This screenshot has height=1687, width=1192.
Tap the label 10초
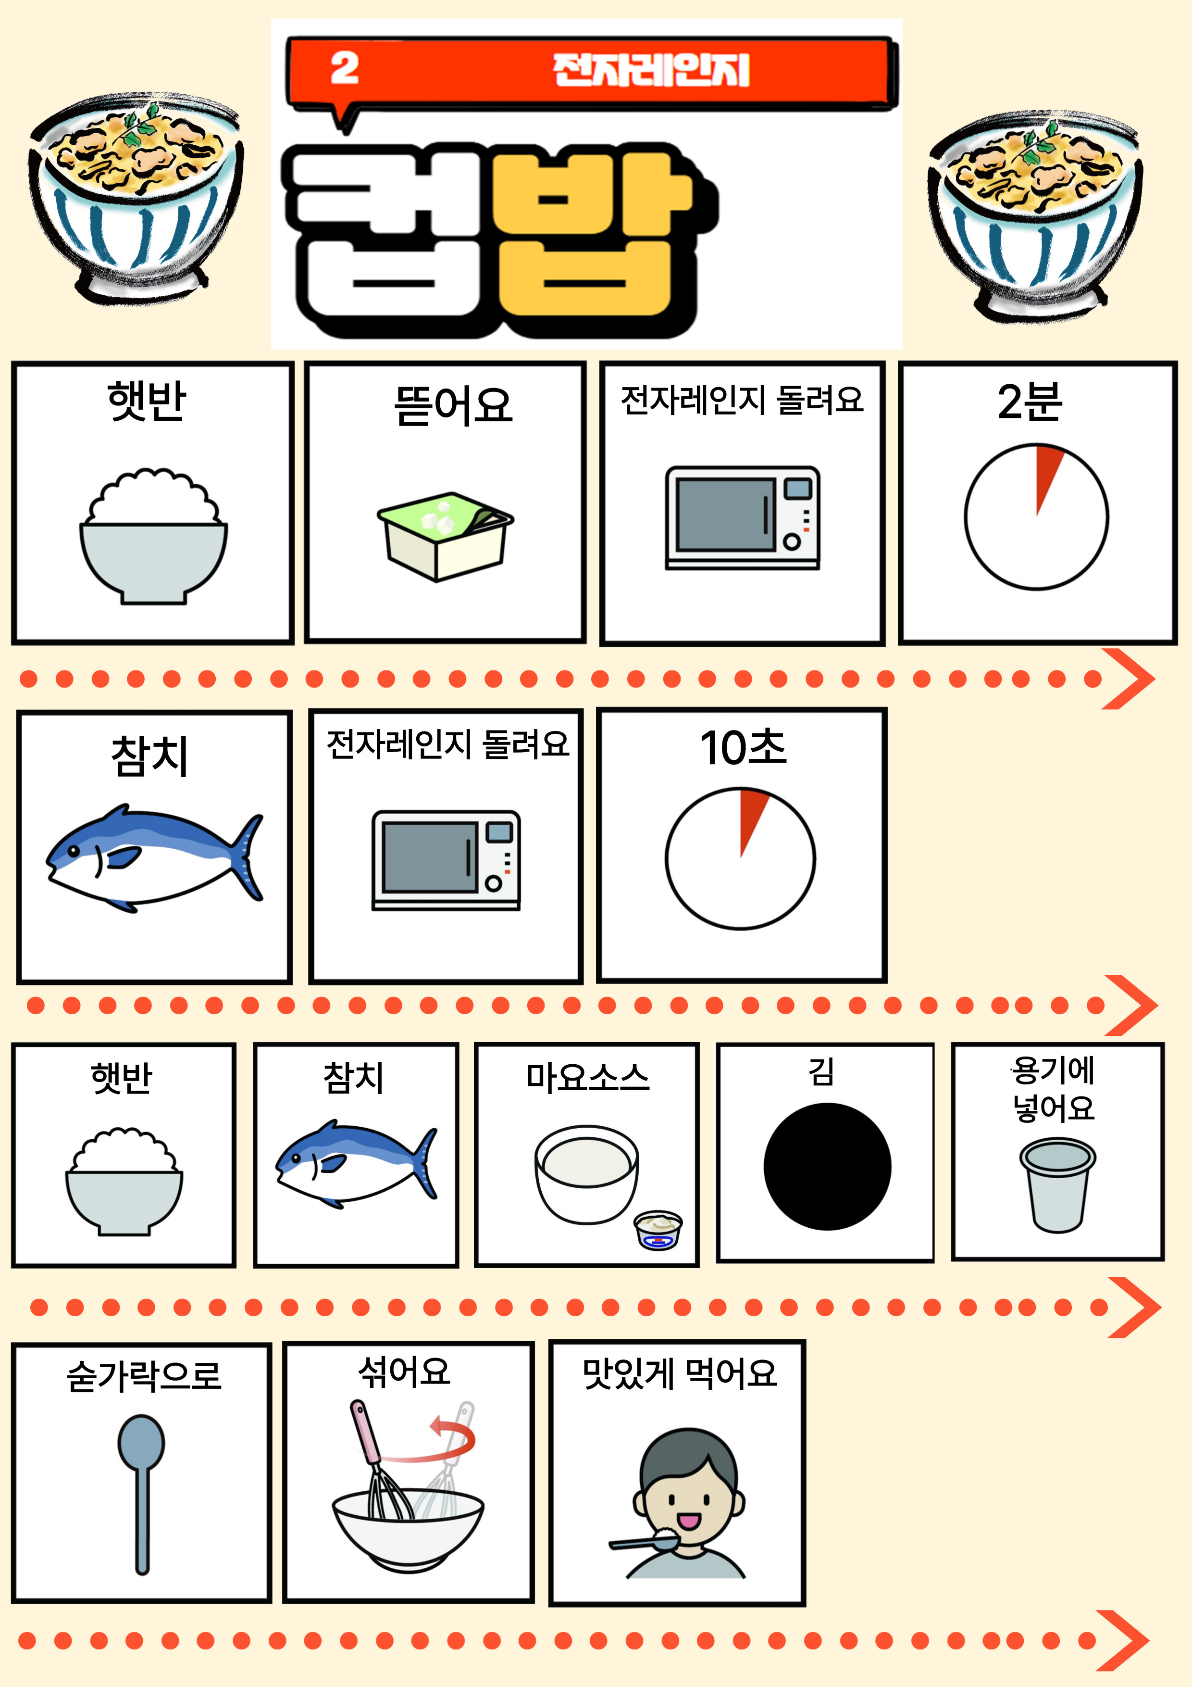[x=743, y=747]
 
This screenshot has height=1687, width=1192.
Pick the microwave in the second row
[x=446, y=860]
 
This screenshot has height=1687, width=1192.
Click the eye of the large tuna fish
[x=74, y=851]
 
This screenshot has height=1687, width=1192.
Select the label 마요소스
[x=587, y=1077]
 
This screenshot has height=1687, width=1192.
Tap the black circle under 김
[x=827, y=1166]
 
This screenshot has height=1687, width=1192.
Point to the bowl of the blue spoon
[x=141, y=1442]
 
